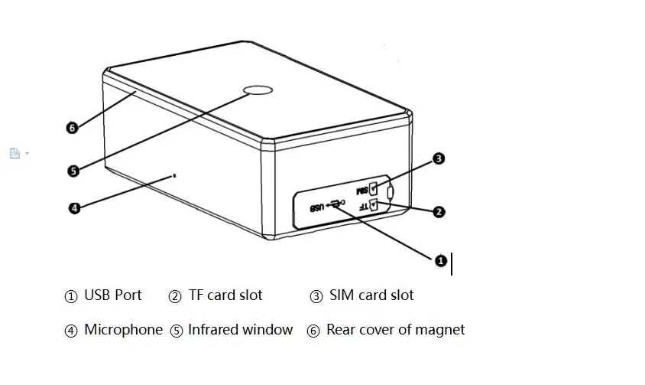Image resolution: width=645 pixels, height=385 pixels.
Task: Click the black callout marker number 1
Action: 440,260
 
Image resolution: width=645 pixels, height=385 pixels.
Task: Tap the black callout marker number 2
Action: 439,212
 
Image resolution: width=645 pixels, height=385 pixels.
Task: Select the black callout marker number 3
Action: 439,158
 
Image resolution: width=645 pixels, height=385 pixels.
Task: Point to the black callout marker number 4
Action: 74,207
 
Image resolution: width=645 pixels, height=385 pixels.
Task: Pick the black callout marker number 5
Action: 73,171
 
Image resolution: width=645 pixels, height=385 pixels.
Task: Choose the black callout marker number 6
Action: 72,128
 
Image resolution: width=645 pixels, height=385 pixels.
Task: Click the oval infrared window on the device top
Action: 258,90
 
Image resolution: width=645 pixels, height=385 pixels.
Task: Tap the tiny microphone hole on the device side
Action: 174,176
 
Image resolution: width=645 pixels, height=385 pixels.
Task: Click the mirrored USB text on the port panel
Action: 317,207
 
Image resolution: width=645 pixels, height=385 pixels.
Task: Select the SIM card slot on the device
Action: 373,189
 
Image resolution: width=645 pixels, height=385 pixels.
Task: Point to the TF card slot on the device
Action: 374,204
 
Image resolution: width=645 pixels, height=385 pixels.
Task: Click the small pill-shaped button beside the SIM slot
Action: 391,193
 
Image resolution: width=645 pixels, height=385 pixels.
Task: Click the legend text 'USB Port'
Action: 112,295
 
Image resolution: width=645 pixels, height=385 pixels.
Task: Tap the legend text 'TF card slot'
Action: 225,295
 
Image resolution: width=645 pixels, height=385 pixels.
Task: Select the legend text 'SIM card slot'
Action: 371,295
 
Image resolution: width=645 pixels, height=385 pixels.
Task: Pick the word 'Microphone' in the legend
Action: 123,330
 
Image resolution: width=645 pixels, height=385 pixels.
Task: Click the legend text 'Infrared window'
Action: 240,330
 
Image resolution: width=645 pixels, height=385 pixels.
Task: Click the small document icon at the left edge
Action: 15,153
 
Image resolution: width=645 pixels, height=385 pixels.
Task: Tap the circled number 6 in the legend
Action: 313,331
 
